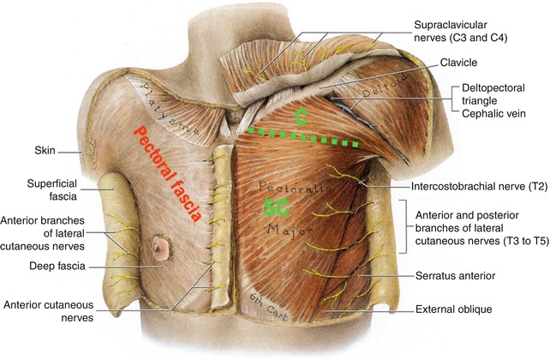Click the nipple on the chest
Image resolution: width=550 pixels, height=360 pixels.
click(160, 247)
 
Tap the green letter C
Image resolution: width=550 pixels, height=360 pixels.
click(302, 117)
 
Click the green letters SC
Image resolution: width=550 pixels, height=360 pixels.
click(276, 207)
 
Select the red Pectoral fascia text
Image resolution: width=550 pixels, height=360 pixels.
click(171, 180)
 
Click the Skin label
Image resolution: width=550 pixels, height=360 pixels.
click(44, 151)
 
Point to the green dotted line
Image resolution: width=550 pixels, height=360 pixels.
click(300, 137)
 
